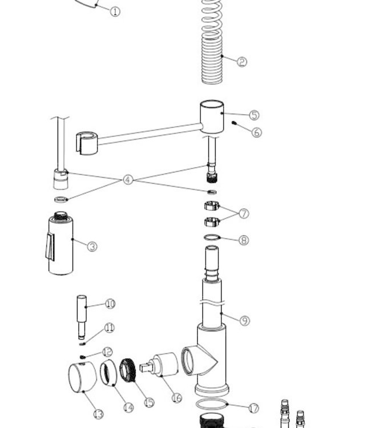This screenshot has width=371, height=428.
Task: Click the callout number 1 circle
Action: (x=115, y=11)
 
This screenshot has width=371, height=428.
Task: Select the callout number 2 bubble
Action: (x=241, y=62)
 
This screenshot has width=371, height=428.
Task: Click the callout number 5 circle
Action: (x=253, y=115)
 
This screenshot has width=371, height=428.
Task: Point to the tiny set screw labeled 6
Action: (x=235, y=123)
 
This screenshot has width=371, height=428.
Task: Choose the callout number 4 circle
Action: (x=128, y=180)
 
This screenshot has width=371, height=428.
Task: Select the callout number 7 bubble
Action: (x=244, y=213)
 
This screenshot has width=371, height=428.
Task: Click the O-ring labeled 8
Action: (x=212, y=237)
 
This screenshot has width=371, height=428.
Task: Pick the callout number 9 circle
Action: (x=244, y=321)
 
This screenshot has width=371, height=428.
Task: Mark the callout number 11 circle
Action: (x=109, y=328)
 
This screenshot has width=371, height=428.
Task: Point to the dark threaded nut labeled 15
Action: (x=129, y=372)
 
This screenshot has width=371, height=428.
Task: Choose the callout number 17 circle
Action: (x=253, y=407)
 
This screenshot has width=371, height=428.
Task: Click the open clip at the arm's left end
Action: (x=86, y=142)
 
